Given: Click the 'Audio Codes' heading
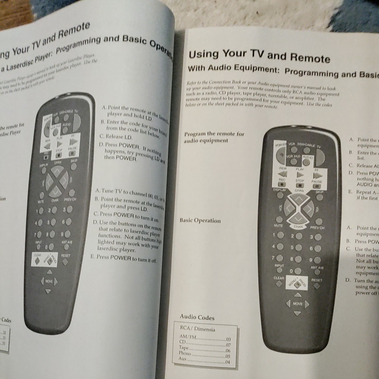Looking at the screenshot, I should point(197,318).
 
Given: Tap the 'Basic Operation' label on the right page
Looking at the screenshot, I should point(200,221).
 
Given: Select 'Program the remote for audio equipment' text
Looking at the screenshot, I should point(214,137).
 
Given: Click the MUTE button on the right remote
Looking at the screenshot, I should point(279,220).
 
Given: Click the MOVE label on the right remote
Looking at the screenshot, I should point(298,304).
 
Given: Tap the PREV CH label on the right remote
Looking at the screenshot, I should point(317,227).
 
